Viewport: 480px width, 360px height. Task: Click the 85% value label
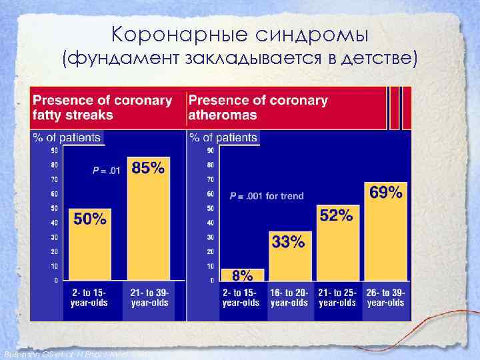(148, 168)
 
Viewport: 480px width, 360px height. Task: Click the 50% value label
(89, 219)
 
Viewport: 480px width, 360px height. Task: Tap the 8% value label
(242, 275)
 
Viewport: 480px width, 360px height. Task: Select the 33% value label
(288, 242)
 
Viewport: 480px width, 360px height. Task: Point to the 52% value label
(337, 215)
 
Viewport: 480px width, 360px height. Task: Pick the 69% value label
(385, 193)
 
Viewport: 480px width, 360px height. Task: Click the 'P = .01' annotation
(107, 171)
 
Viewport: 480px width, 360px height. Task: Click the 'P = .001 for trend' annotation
(266, 196)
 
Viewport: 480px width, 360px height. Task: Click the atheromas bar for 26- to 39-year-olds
(385, 240)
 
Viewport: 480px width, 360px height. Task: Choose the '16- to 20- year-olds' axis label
(289, 298)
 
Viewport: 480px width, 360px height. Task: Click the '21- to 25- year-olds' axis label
(337, 298)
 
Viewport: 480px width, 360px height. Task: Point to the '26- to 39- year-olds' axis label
(385, 298)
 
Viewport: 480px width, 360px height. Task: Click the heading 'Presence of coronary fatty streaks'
(103, 107)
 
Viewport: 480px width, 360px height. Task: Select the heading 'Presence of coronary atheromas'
(258, 107)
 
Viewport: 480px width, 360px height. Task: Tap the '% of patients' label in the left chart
(67, 138)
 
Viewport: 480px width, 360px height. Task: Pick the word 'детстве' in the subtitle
(379, 59)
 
